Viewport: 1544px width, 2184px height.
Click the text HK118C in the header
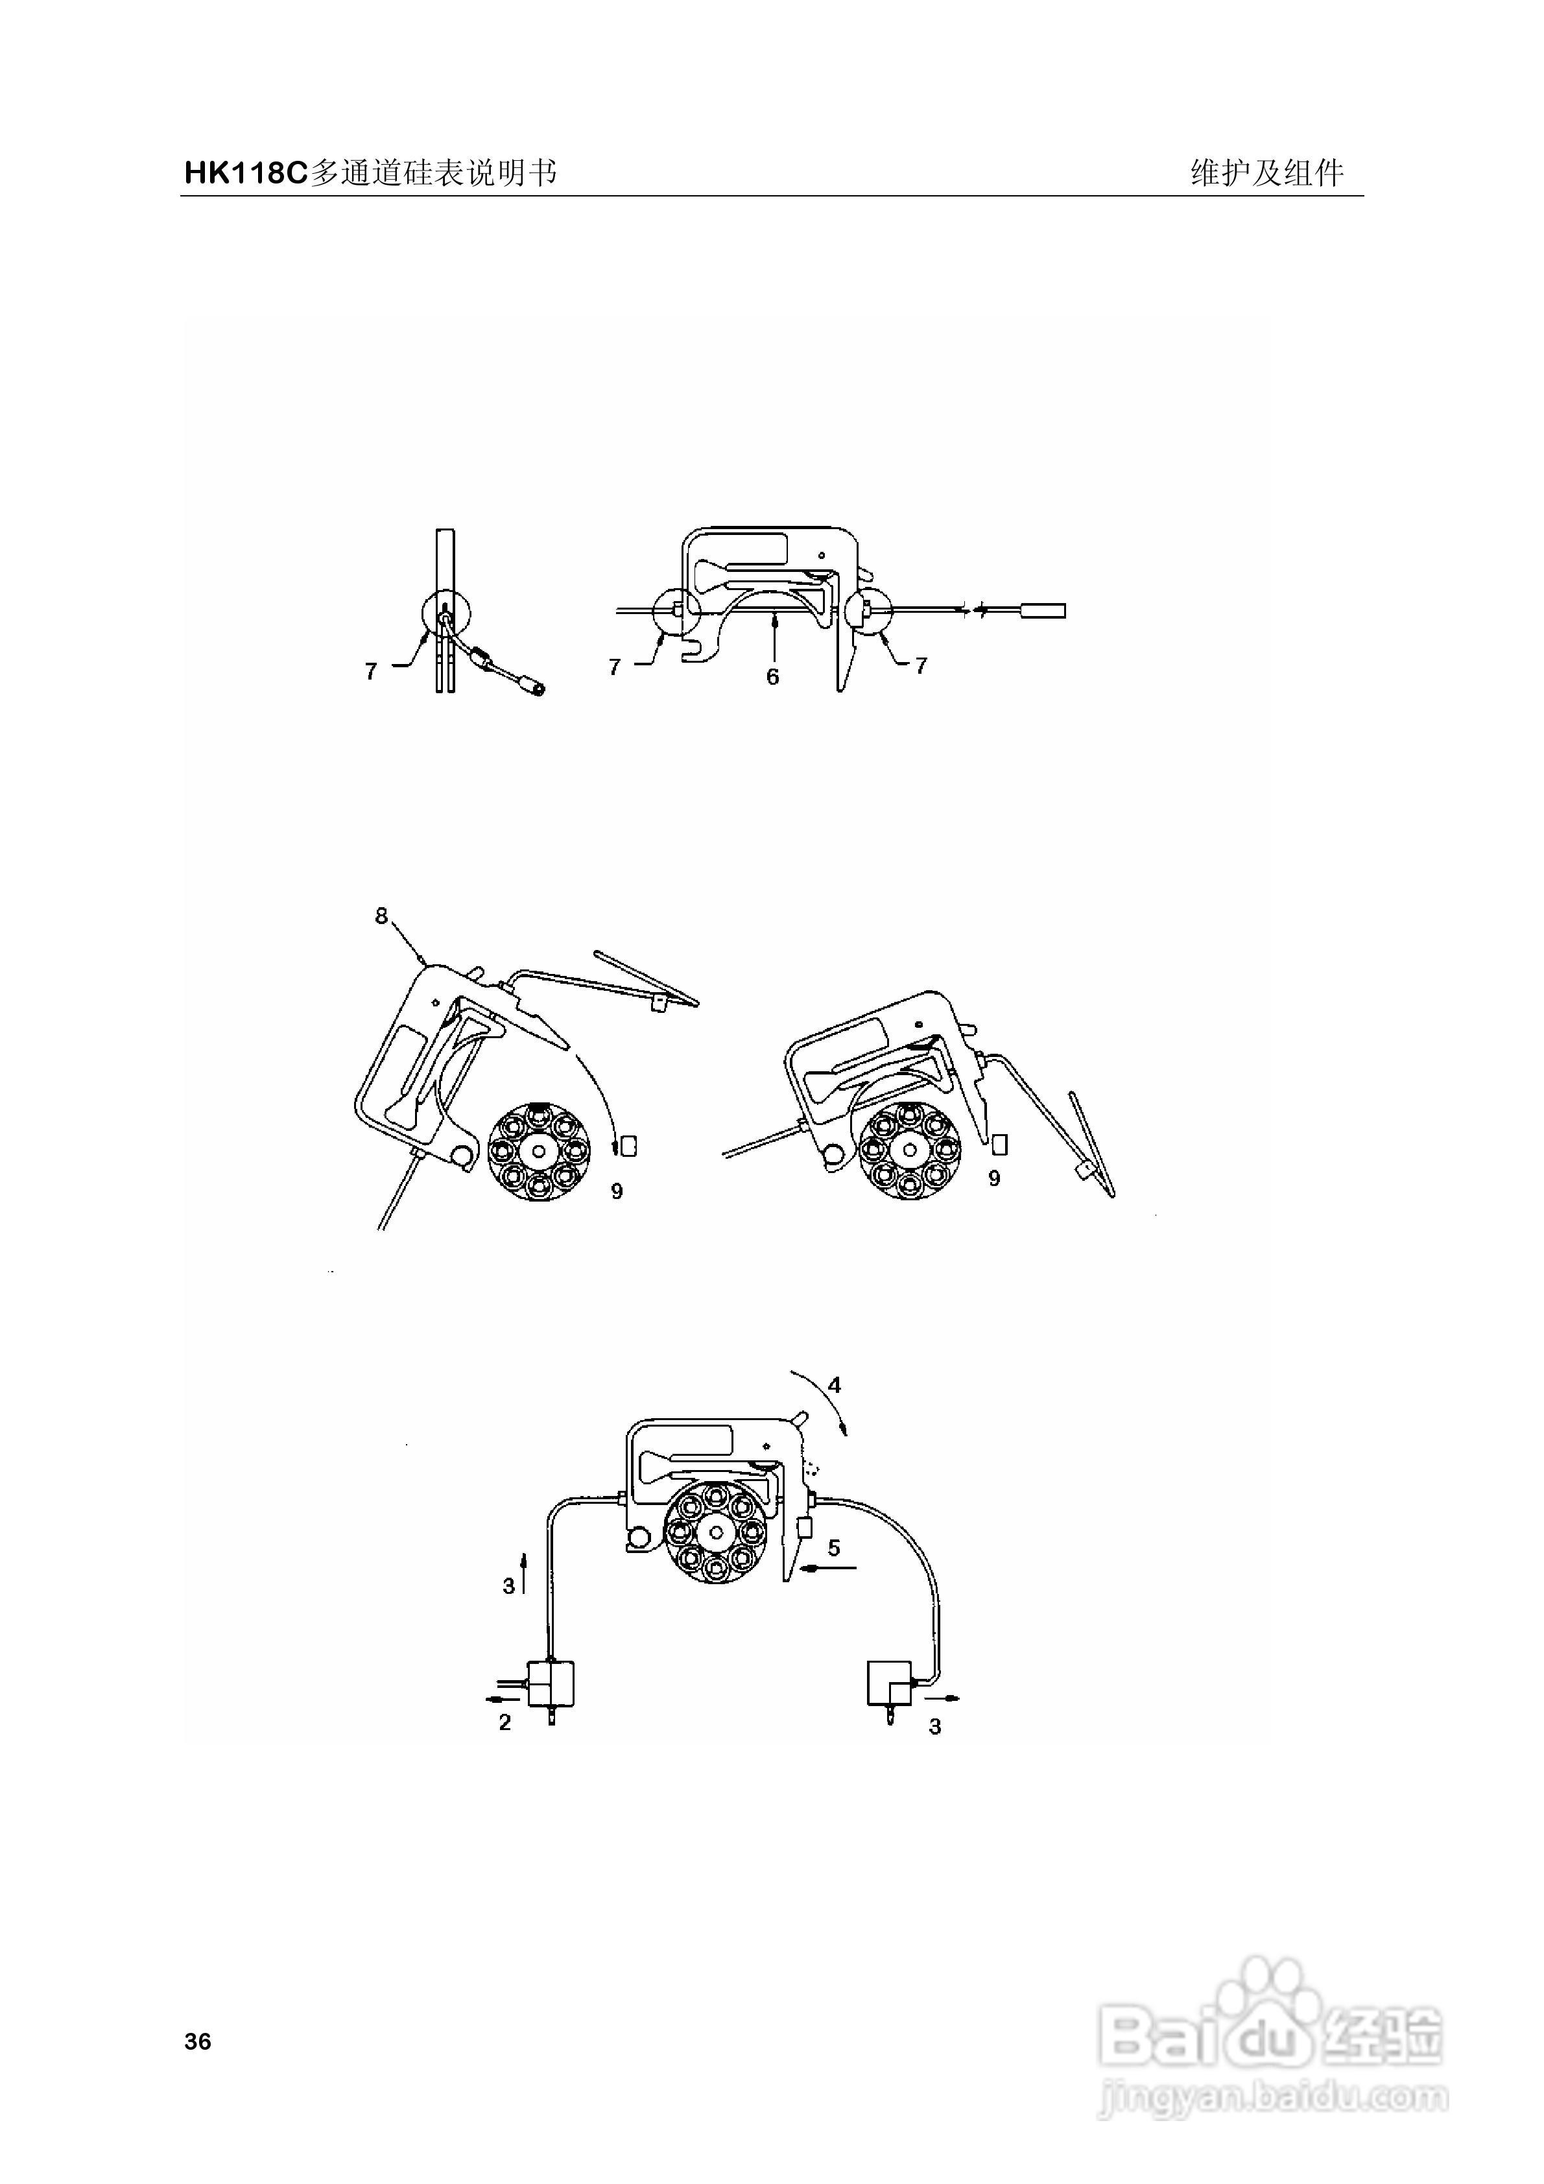point(245,173)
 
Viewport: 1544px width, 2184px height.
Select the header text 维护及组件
point(1267,173)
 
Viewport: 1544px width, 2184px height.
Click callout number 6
point(772,676)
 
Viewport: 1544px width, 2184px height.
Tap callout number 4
point(835,1385)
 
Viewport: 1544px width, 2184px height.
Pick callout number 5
point(833,1548)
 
